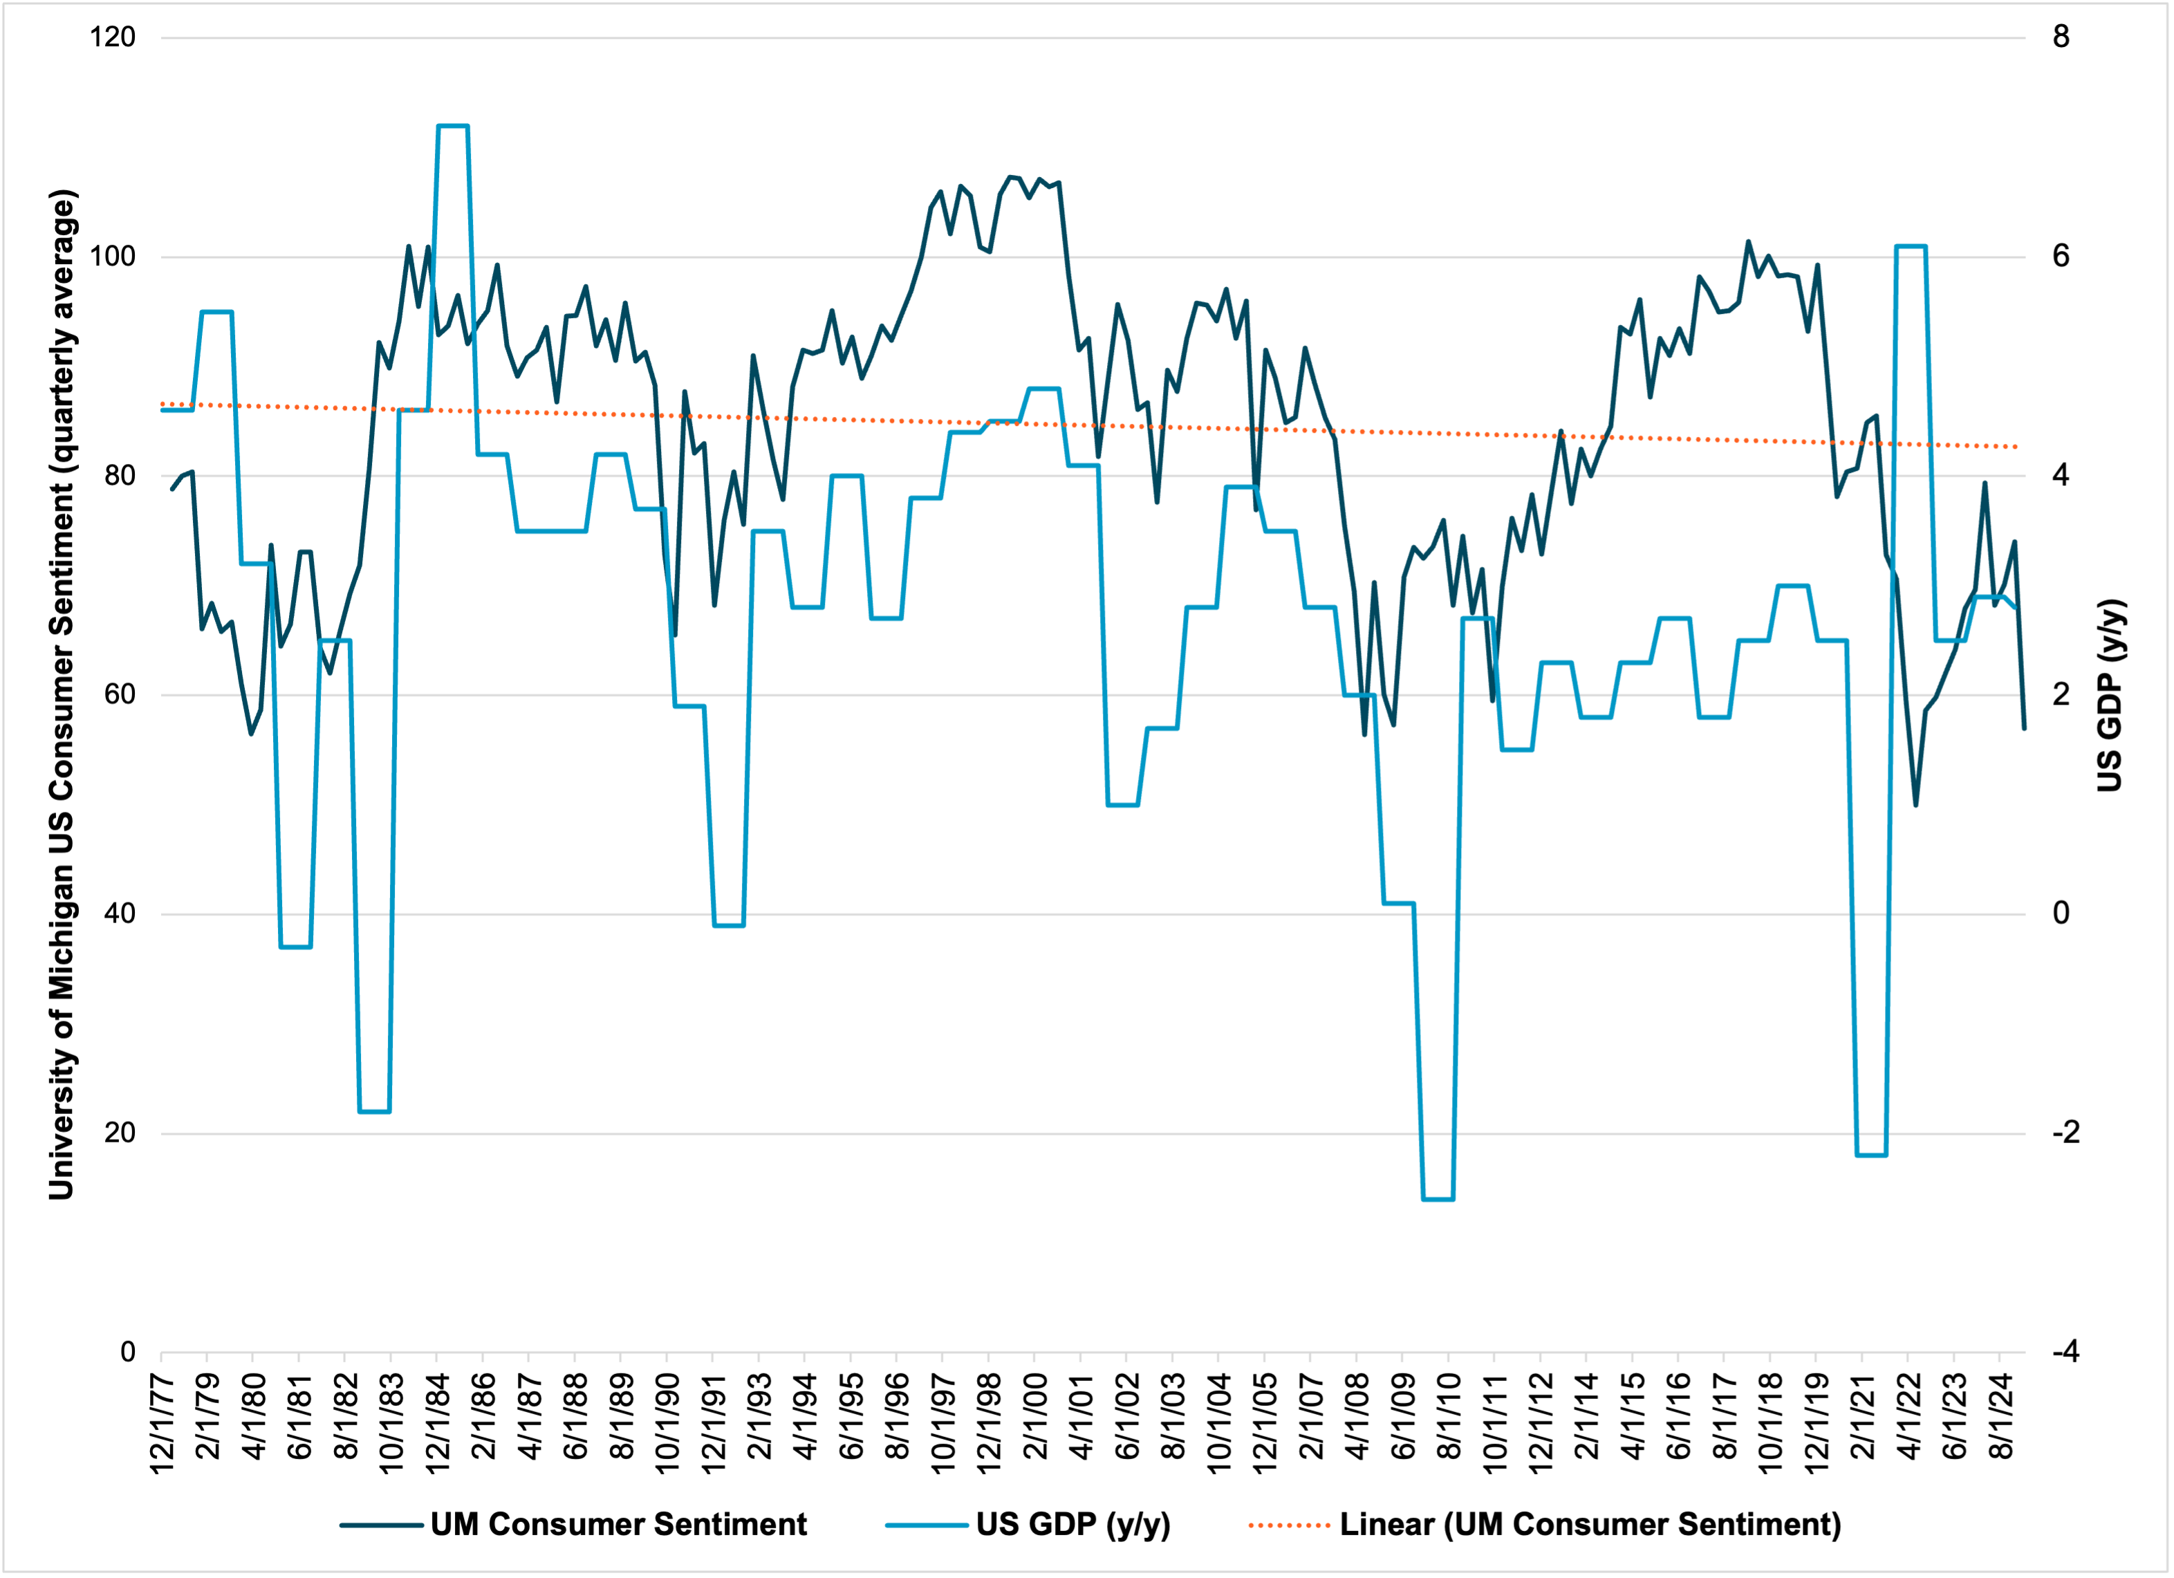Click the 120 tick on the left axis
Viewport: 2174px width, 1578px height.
pyautogui.click(x=112, y=37)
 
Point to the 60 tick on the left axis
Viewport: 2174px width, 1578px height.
pyautogui.click(x=119, y=694)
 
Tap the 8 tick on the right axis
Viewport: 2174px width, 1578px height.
pyautogui.click(x=2061, y=37)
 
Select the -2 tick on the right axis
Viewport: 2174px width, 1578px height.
pyautogui.click(x=2065, y=1132)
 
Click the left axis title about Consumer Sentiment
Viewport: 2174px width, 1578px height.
pyautogui.click(x=62, y=694)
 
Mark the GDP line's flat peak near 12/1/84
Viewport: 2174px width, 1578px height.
pyautogui.click(x=452, y=126)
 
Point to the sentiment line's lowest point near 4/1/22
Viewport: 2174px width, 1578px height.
pyautogui.click(x=1916, y=804)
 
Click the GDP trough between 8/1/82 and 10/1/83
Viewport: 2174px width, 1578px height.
pyautogui.click(x=375, y=1111)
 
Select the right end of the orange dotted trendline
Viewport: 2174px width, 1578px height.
pyautogui.click(x=2017, y=447)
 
